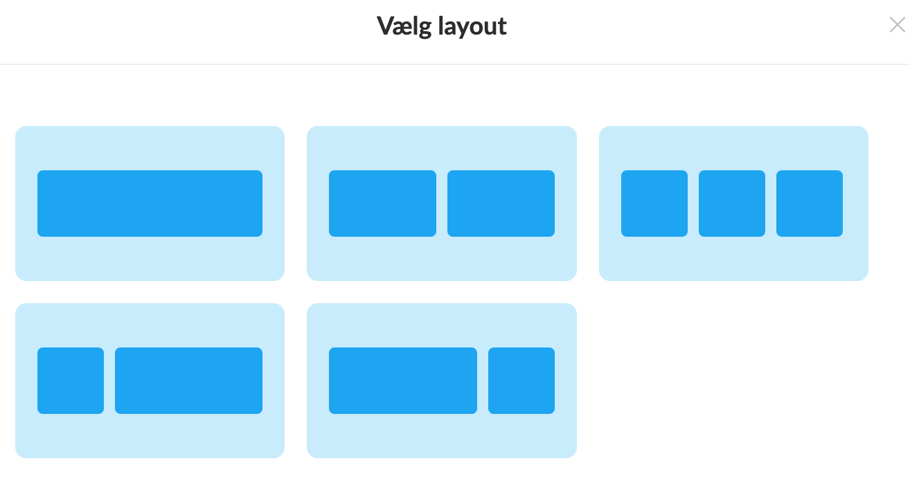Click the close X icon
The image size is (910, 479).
[x=897, y=25]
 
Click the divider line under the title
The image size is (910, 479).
[x=455, y=64]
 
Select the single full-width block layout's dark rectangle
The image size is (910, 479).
[x=150, y=204]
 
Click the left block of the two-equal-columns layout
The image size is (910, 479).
[x=383, y=204]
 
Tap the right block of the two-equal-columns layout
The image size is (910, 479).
[x=501, y=204]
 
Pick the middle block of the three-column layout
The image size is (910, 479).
[x=732, y=204]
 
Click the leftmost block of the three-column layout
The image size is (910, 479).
[x=654, y=204]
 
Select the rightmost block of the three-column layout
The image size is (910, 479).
[x=810, y=204]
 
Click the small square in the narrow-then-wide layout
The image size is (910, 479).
[x=71, y=381]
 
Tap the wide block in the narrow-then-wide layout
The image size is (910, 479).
[x=189, y=381]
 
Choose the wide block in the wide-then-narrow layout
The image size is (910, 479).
[x=403, y=381]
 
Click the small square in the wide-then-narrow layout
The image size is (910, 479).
[x=521, y=381]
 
